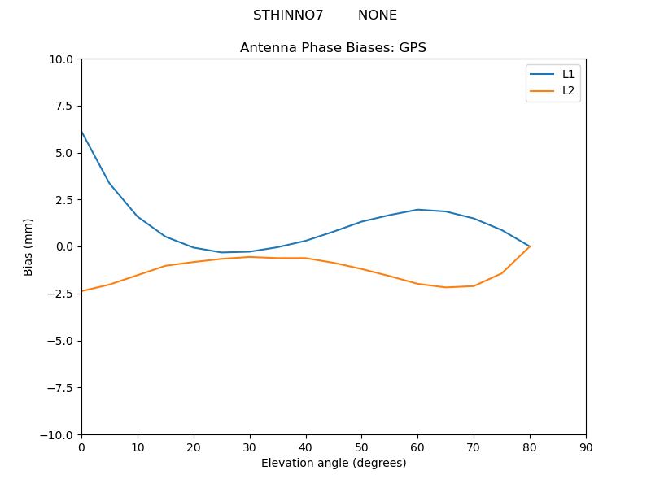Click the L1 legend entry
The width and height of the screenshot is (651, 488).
tap(568, 74)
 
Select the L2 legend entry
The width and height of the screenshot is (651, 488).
tap(568, 90)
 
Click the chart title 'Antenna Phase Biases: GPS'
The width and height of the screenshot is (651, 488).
tap(333, 48)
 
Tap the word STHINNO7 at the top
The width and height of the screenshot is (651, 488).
tap(288, 15)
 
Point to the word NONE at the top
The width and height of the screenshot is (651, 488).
tap(378, 15)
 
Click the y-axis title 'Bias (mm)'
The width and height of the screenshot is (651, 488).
tap(28, 246)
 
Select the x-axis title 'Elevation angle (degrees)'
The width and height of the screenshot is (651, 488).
tap(334, 463)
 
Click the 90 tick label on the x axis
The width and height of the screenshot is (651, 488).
tap(586, 447)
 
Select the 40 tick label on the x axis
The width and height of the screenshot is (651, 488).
tap(306, 447)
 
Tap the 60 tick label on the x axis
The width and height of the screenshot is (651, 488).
tap(417, 447)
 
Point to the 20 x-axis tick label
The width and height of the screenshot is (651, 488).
tap(194, 447)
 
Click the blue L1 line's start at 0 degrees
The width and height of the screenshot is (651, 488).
tap(81, 131)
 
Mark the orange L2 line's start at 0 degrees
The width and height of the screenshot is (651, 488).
tap(81, 291)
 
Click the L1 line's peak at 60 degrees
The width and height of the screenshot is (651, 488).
tap(417, 210)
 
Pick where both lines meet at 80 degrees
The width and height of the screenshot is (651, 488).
tap(530, 246)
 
